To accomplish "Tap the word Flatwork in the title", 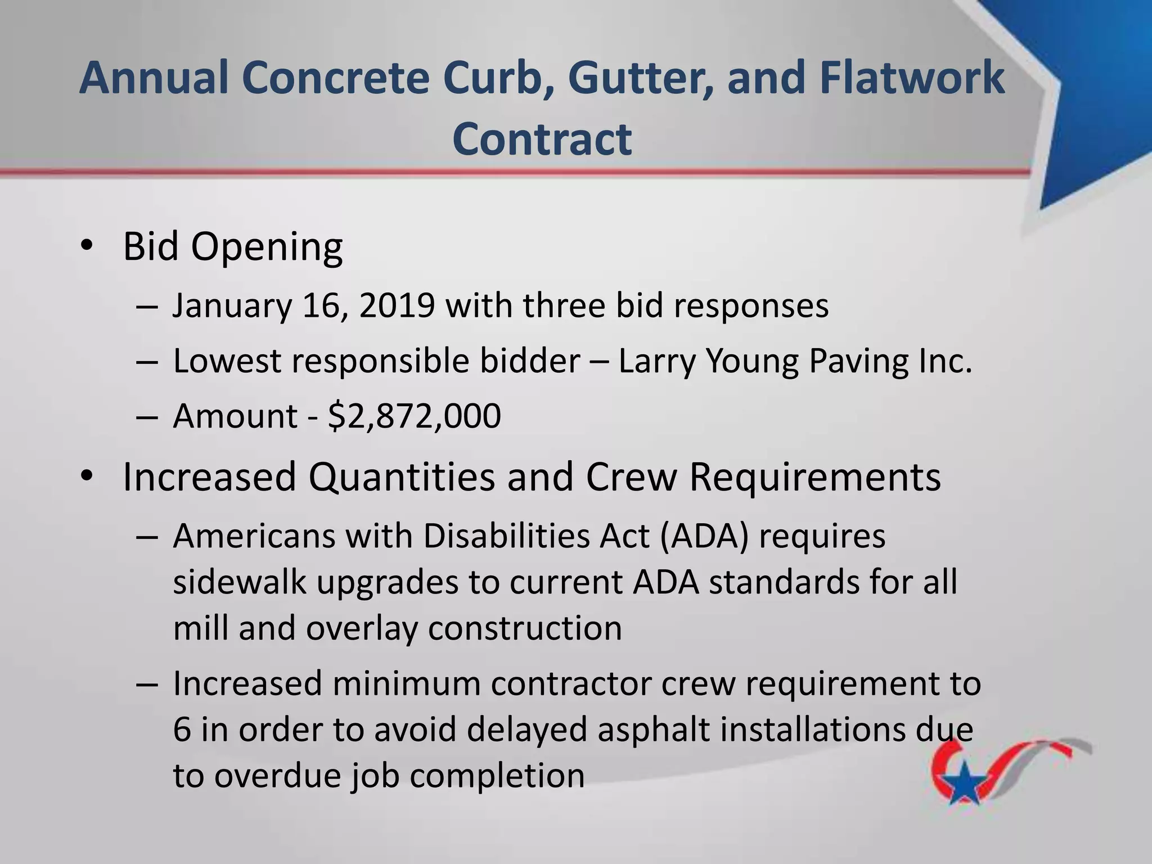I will tap(912, 78).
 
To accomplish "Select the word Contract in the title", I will tap(542, 139).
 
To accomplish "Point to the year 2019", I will tap(397, 306).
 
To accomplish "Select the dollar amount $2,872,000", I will tap(414, 416).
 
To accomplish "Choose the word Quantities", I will tap(402, 477).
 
